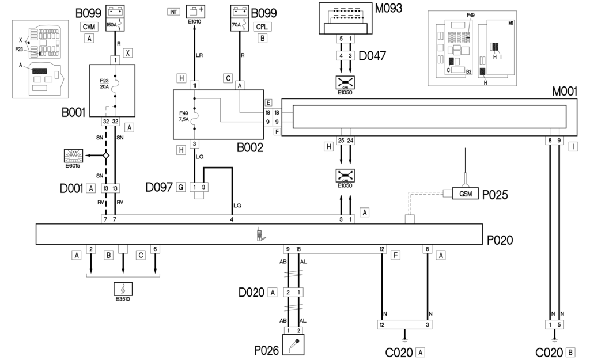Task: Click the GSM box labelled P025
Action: [x=466, y=194]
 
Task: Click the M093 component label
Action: [x=388, y=8]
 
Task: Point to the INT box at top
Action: [x=173, y=12]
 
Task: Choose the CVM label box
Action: [x=89, y=26]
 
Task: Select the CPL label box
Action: [x=263, y=26]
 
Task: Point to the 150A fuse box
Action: [x=116, y=18]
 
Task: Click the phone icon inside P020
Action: [x=259, y=234]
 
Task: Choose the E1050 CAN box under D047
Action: [x=345, y=82]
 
